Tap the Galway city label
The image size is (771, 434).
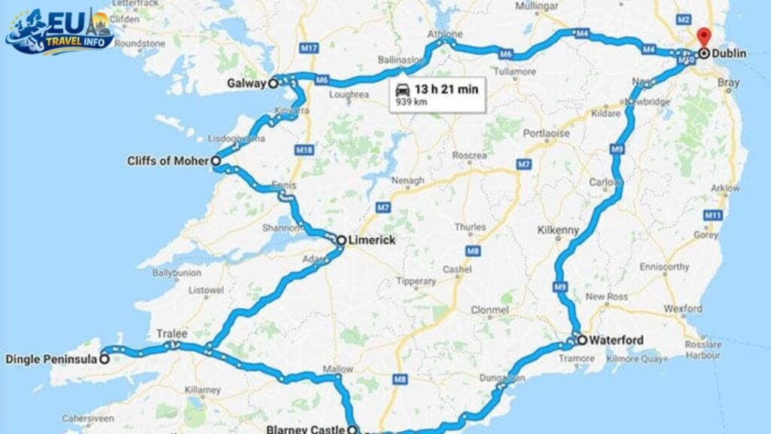pyautogui.click(x=247, y=83)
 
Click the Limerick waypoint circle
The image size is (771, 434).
pyautogui.click(x=341, y=240)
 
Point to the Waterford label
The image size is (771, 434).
pyautogui.click(x=616, y=340)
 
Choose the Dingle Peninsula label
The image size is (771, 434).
pyautogui.click(x=50, y=359)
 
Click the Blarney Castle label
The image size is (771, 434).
pyautogui.click(x=306, y=430)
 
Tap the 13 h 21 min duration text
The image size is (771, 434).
pyautogui.click(x=446, y=89)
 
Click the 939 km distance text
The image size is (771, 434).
pyautogui.click(x=407, y=102)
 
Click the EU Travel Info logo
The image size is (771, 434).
pyautogui.click(x=60, y=32)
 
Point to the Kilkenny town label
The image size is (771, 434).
pyautogui.click(x=557, y=228)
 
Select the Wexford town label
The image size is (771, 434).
pyautogui.click(x=683, y=308)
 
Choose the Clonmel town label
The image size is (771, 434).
pyautogui.click(x=489, y=310)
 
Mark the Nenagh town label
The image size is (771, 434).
pyautogui.click(x=407, y=181)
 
